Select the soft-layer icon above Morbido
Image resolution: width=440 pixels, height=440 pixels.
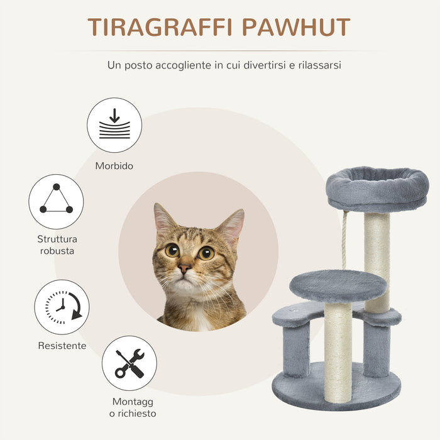coord(114,124)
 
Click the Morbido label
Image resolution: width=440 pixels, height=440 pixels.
coord(114,166)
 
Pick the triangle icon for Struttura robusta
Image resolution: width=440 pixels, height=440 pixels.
coord(56,201)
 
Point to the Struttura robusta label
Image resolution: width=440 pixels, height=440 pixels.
coord(56,245)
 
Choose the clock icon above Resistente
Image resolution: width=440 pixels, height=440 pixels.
coord(62,307)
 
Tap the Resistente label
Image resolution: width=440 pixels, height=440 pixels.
coord(62,346)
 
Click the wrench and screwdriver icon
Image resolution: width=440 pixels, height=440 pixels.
coord(129,363)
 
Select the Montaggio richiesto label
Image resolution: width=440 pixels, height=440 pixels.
coord(133,407)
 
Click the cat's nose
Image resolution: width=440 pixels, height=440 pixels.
coord(184,268)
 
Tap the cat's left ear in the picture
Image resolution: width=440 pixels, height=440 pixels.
coord(165,219)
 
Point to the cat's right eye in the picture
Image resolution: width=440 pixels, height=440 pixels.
coord(206,253)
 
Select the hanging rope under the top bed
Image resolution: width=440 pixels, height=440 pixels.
coord(344,242)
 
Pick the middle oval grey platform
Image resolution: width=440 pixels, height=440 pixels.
coord(338,285)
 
